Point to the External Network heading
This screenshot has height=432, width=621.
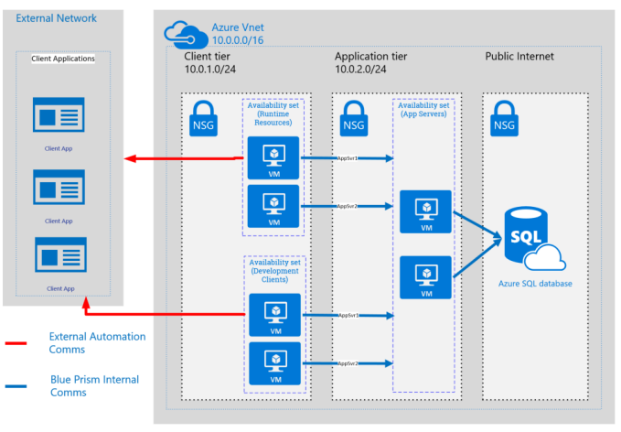click(x=56, y=18)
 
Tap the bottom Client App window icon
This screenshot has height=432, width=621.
click(x=59, y=256)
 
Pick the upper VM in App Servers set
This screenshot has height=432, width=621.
click(x=425, y=211)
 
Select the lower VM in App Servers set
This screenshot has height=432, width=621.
click(x=425, y=278)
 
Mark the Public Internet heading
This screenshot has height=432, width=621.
click(x=519, y=57)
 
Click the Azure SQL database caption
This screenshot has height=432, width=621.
click(x=535, y=284)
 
